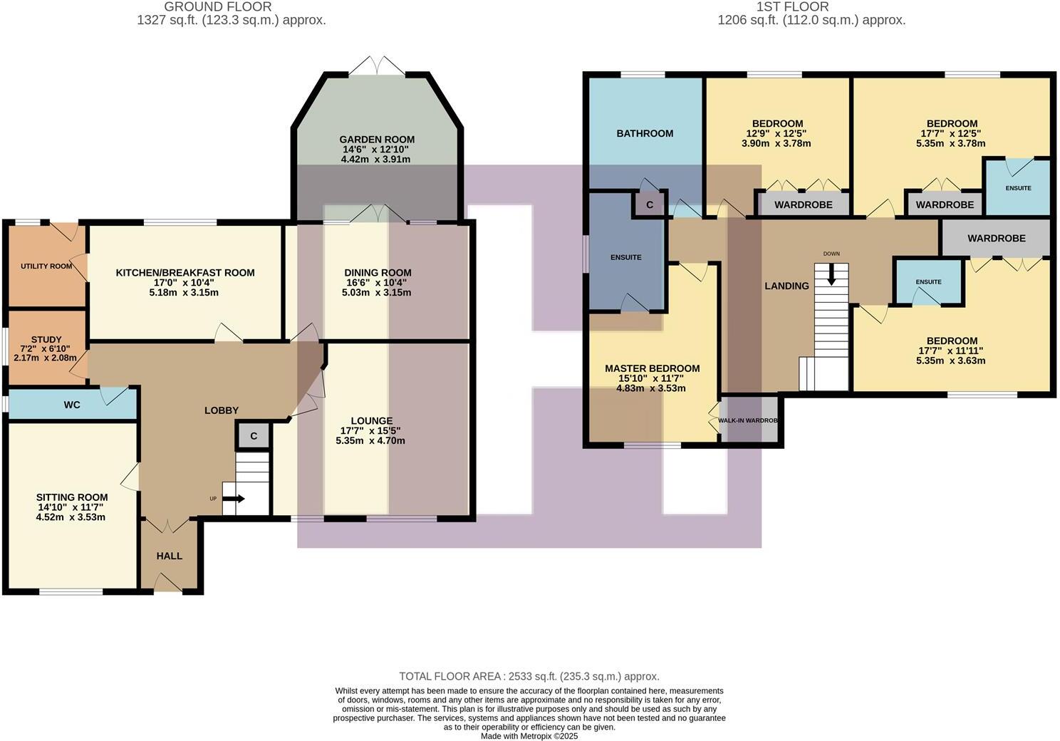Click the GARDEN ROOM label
point(377,140)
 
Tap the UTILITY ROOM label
point(46,266)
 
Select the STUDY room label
point(46,340)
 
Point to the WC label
point(72,405)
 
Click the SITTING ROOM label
point(72,497)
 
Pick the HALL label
point(170,556)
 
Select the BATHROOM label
point(645,133)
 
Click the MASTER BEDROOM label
point(652,368)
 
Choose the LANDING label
point(786,286)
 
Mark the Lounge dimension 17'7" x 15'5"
point(370,430)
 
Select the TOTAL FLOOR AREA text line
point(529,676)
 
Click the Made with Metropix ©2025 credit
point(529,736)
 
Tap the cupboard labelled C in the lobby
point(254,436)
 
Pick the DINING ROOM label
point(378,273)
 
